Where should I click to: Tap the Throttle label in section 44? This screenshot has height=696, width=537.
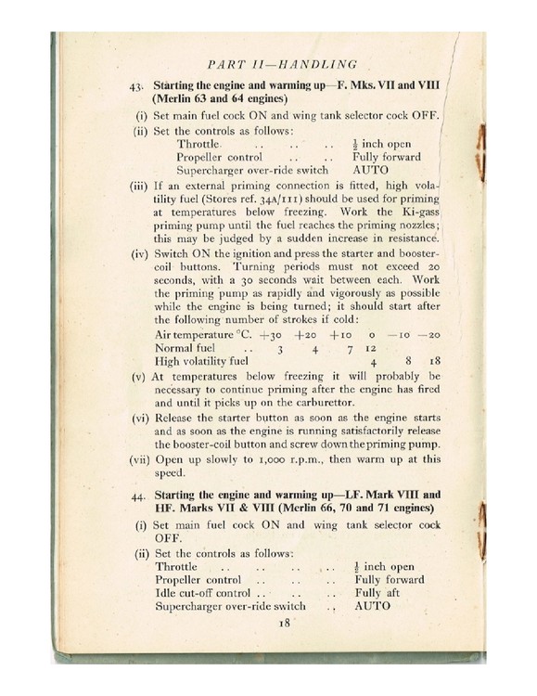point(177,566)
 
